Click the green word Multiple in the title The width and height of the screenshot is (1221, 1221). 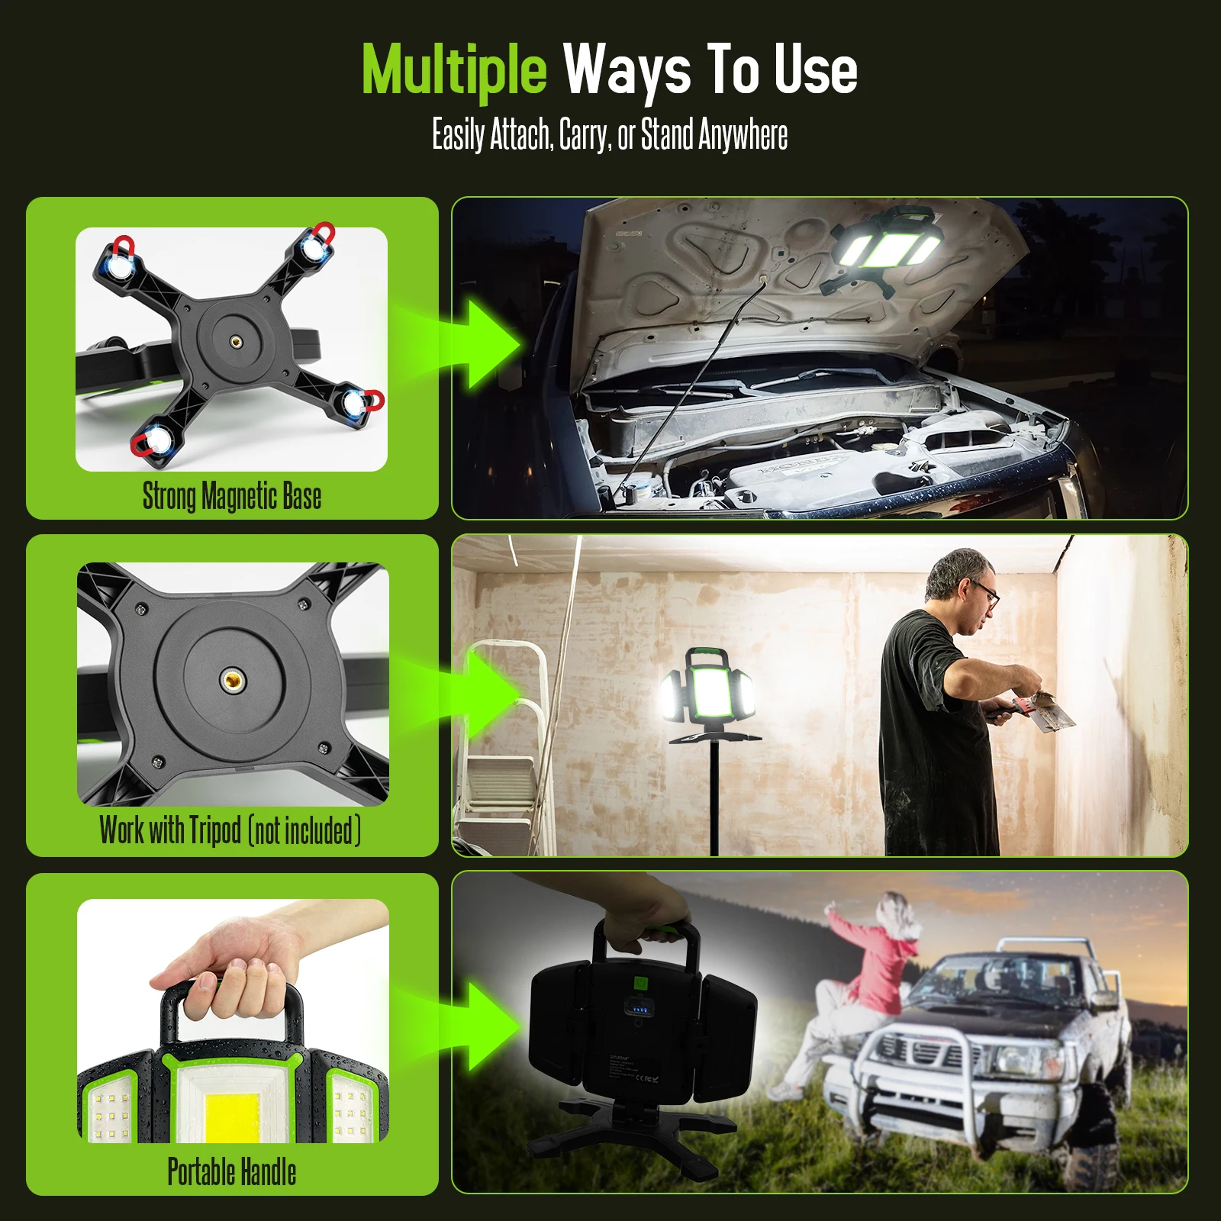454,70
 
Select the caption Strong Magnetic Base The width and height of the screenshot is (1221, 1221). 231,496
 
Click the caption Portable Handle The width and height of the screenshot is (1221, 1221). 231,1171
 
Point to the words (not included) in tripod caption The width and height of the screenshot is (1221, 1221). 304,830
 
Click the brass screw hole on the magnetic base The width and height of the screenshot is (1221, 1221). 236,343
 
